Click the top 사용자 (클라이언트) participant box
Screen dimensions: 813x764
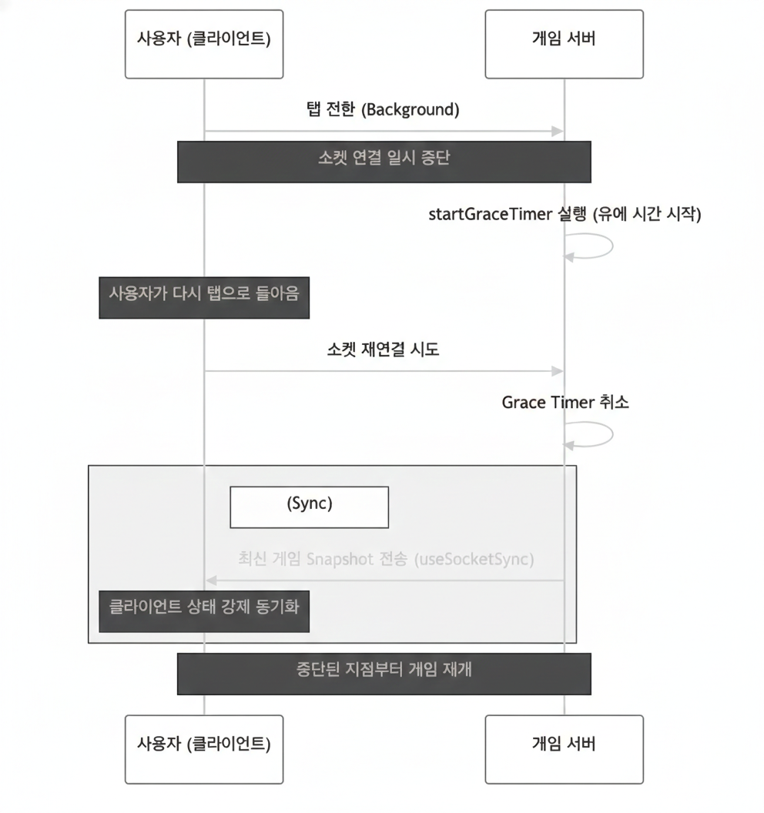(x=203, y=43)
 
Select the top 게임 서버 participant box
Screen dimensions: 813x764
(x=564, y=43)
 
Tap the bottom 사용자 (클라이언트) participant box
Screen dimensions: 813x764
(x=203, y=748)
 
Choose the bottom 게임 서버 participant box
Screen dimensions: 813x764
(x=564, y=748)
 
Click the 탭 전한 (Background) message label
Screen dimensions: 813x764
(x=383, y=109)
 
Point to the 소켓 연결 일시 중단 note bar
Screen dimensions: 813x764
(x=384, y=161)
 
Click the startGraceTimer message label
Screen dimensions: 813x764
(x=564, y=214)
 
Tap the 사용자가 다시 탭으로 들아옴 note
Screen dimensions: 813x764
(x=204, y=297)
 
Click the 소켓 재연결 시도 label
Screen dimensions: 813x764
(x=383, y=350)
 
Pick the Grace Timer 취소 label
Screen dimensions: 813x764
(x=565, y=402)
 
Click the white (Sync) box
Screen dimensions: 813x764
(x=309, y=506)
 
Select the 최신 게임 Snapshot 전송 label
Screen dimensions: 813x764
(x=384, y=559)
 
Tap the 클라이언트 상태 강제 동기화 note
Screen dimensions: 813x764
(x=204, y=611)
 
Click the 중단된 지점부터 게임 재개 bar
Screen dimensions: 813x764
(x=384, y=674)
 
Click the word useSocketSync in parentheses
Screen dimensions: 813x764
(x=474, y=559)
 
